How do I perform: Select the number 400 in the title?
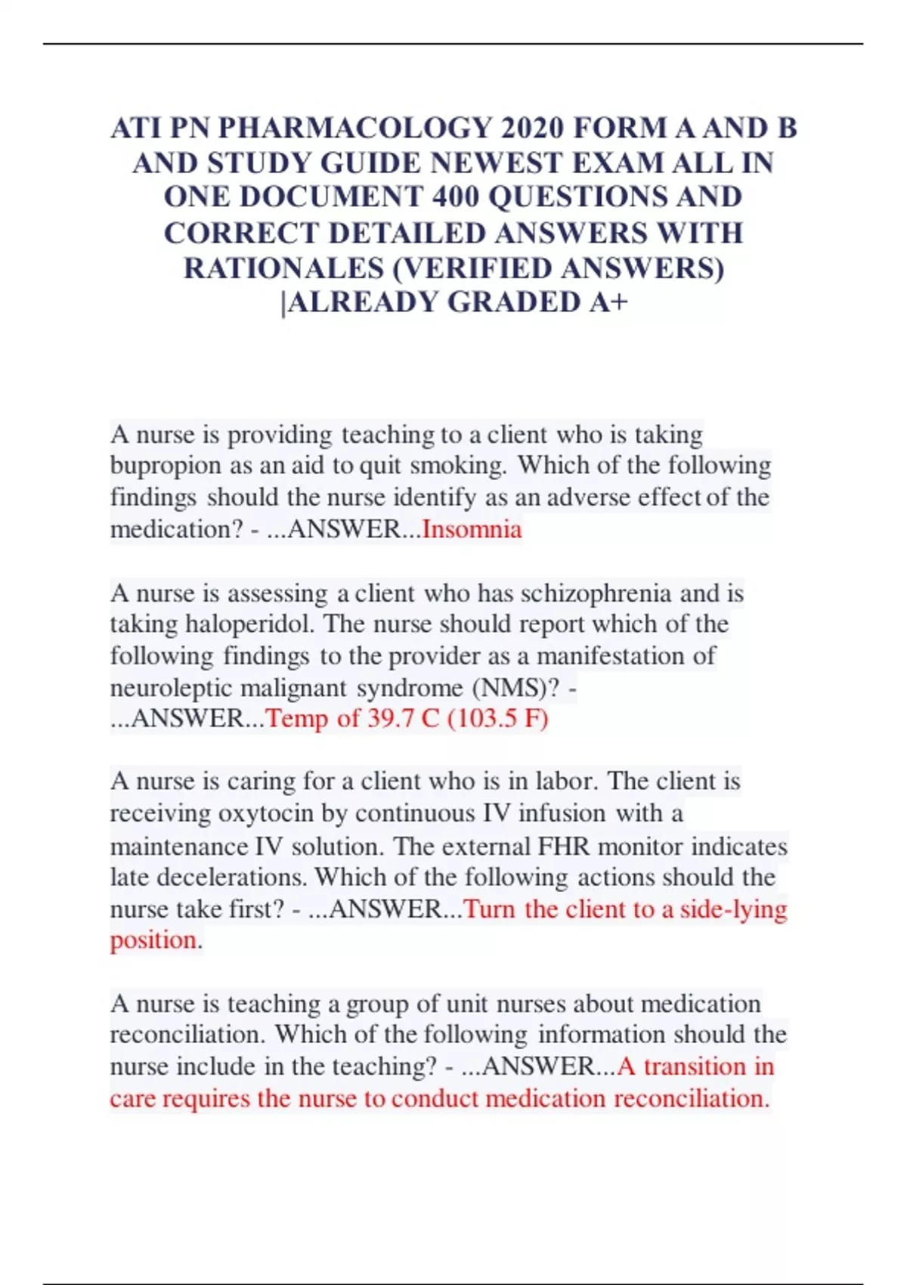(x=456, y=197)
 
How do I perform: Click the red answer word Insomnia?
(x=472, y=529)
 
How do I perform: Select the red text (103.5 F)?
(x=497, y=718)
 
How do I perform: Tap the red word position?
(x=154, y=940)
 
